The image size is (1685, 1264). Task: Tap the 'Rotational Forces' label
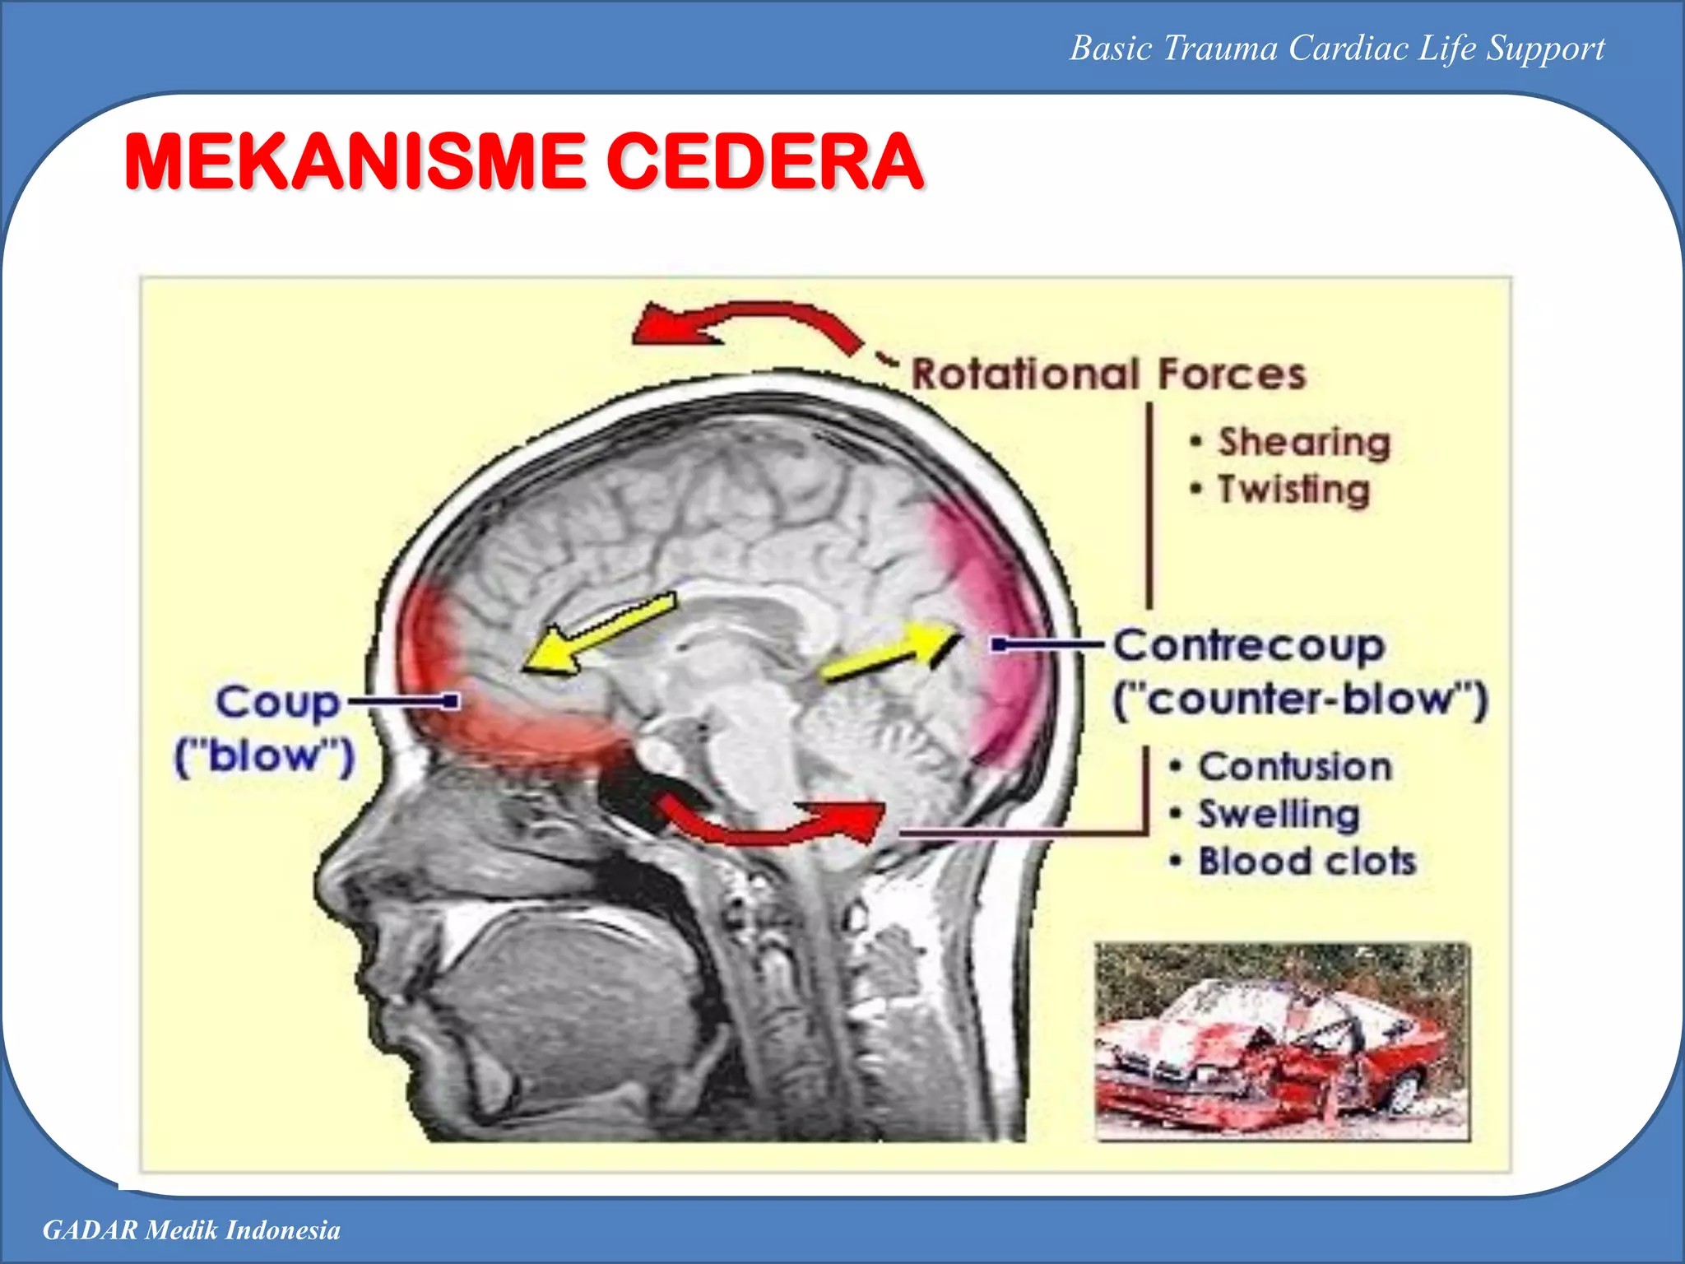[1108, 374]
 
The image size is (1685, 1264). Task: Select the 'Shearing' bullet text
[1304, 442]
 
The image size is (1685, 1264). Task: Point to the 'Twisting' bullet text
[1293, 490]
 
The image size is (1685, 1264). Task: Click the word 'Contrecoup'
[1249, 646]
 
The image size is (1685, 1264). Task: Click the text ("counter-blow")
[1300, 700]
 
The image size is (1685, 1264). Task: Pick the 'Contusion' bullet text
[1295, 767]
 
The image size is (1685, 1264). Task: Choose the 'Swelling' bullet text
[1279, 815]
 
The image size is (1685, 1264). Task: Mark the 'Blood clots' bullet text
[1307, 862]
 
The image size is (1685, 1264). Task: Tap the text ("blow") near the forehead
[264, 755]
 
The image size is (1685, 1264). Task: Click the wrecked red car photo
[1281, 1042]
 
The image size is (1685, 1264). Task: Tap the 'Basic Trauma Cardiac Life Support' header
[1337, 49]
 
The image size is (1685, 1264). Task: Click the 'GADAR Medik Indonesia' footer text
[192, 1230]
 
